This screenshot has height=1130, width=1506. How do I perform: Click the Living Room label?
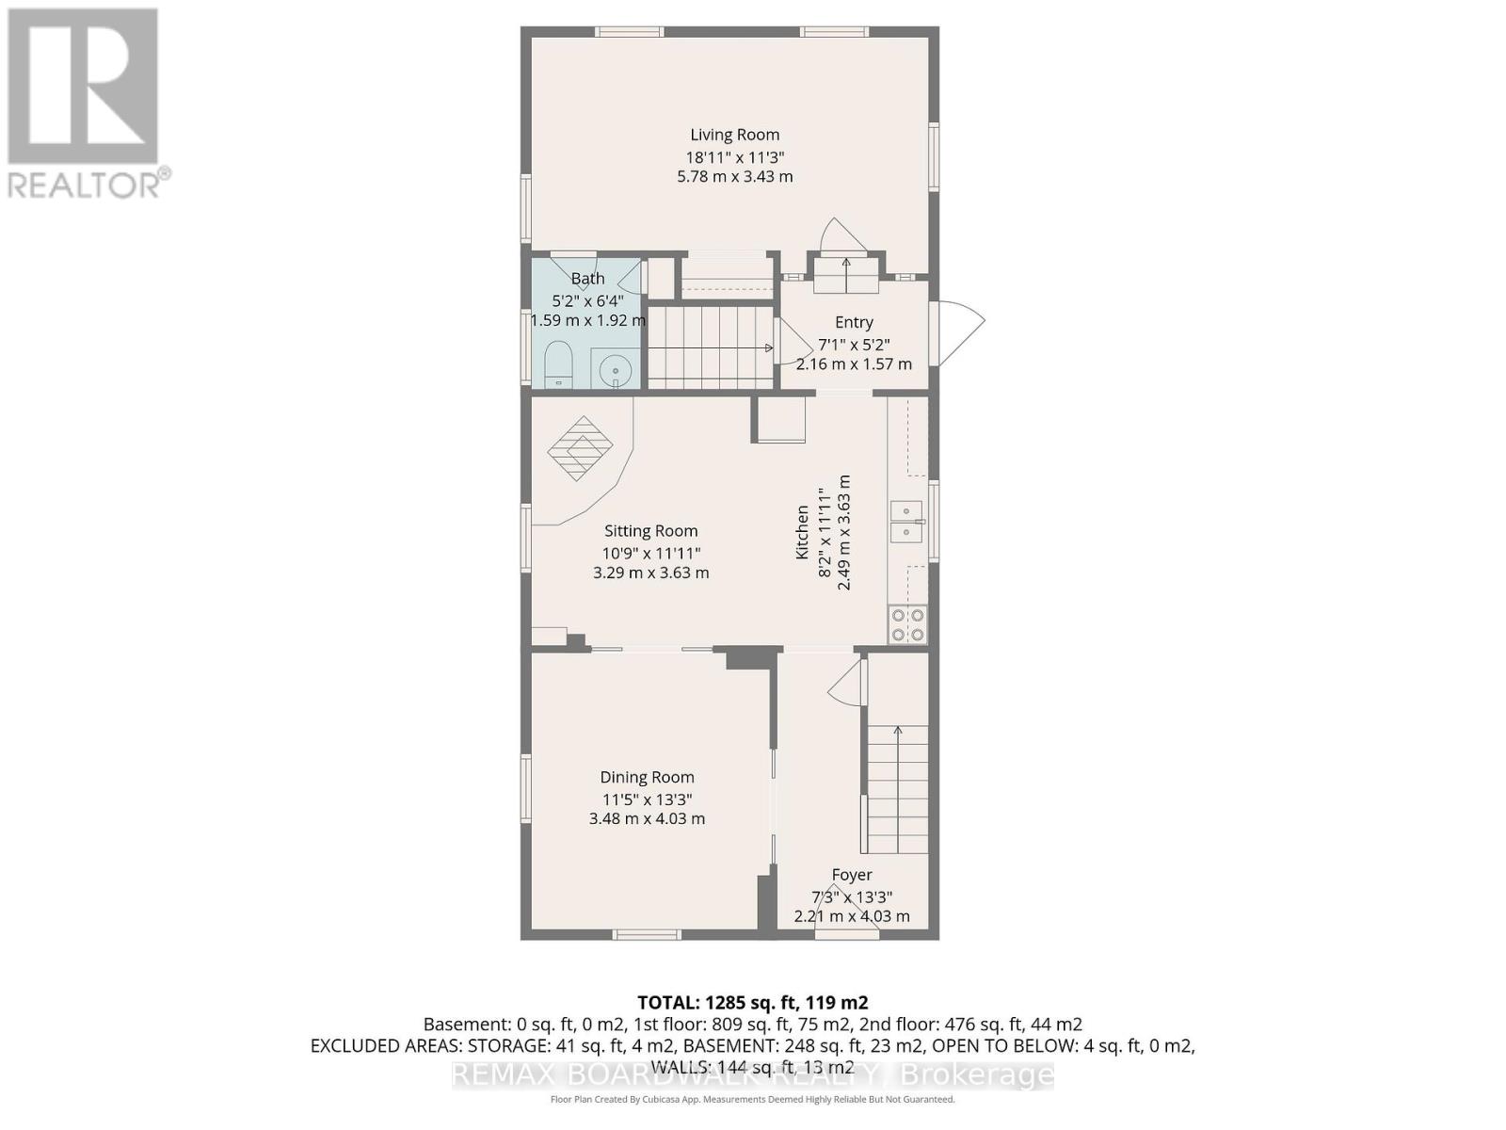(x=734, y=135)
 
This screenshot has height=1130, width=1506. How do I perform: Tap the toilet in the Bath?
(x=559, y=364)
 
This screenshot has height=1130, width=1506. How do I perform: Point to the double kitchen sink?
(x=906, y=522)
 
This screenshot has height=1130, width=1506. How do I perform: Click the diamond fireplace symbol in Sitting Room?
(x=580, y=448)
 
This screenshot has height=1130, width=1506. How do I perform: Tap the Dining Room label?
(x=647, y=777)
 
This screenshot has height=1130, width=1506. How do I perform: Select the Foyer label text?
(x=851, y=875)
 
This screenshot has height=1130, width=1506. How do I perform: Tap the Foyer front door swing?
(x=847, y=918)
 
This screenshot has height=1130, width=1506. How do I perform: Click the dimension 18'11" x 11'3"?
(x=734, y=157)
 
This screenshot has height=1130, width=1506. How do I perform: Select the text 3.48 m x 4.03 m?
(x=647, y=818)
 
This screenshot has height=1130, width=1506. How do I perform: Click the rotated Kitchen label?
(x=802, y=532)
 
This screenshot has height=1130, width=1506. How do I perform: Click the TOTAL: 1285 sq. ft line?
(x=752, y=1002)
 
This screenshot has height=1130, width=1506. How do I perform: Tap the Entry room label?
(x=853, y=322)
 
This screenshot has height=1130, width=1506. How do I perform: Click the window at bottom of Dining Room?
(x=647, y=934)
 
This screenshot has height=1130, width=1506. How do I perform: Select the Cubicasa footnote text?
(x=752, y=1099)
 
